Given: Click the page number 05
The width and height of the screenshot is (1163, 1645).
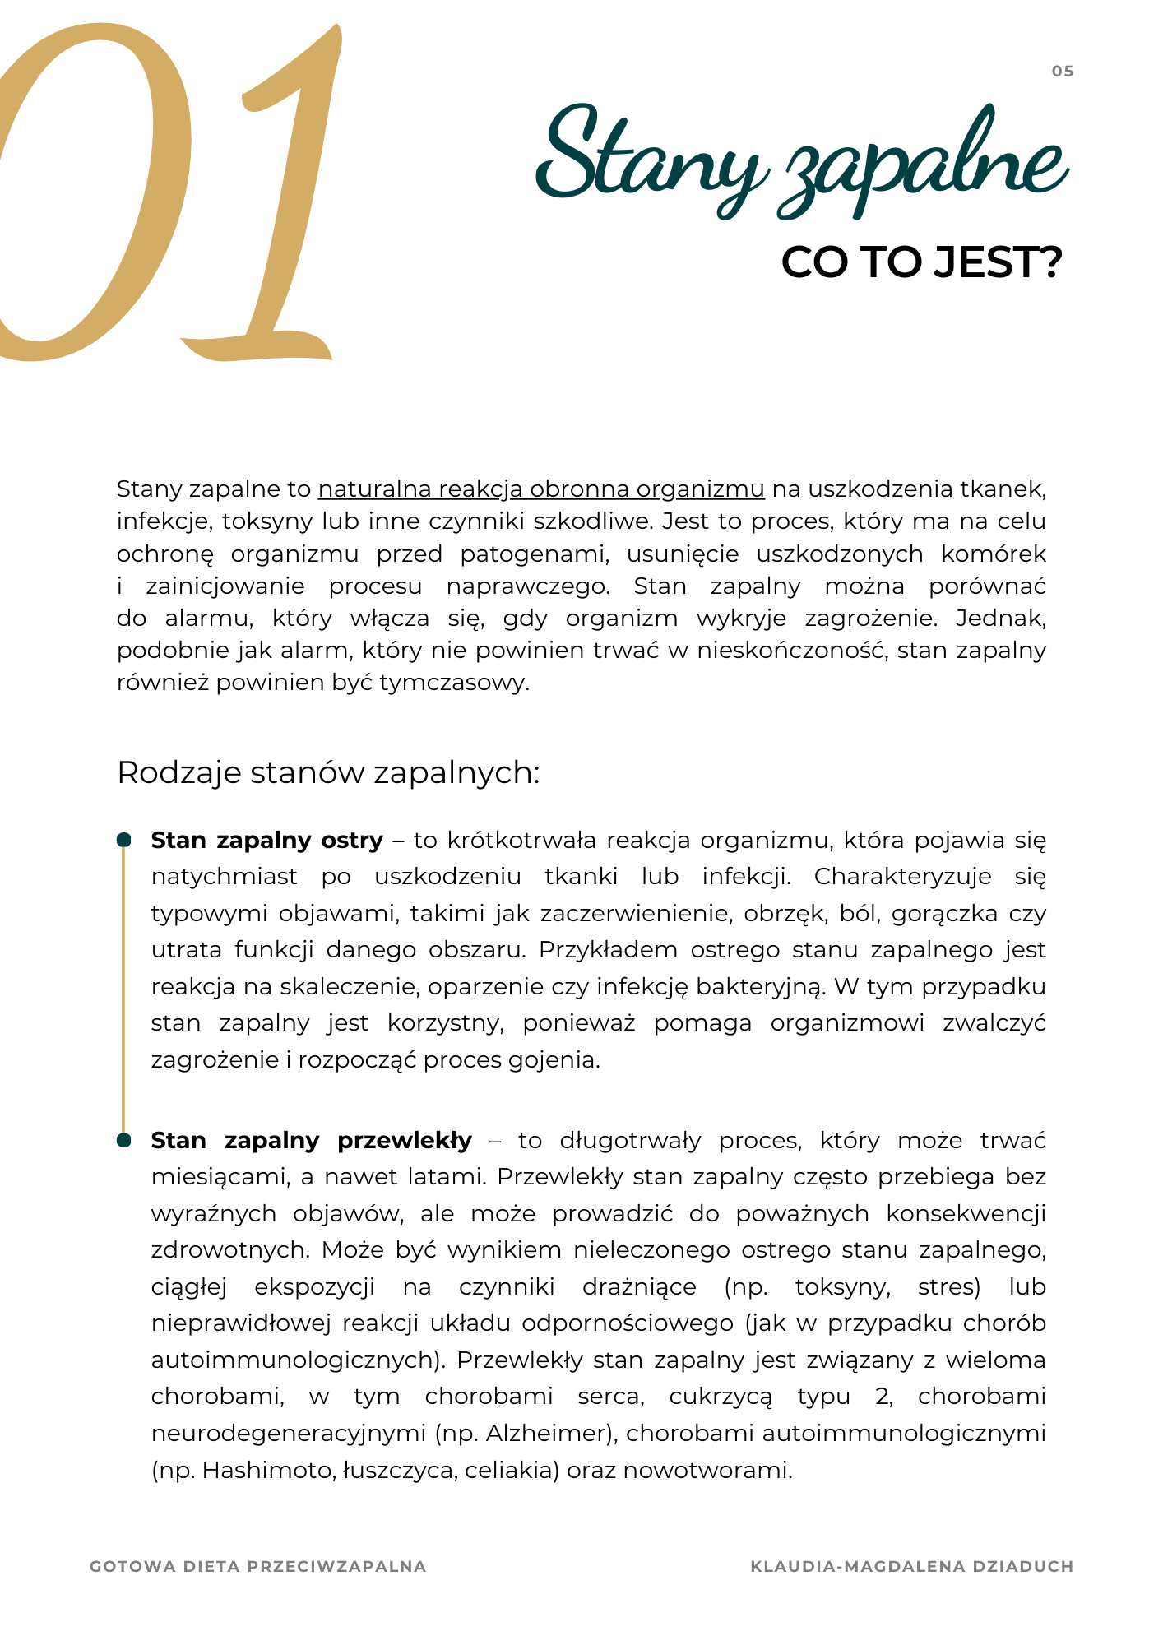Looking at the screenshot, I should pyautogui.click(x=1063, y=72).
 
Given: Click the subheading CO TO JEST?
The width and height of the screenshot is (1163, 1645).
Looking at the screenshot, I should pyautogui.click(x=921, y=262).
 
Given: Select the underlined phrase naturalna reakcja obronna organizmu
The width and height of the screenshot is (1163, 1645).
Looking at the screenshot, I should pyautogui.click(x=541, y=489).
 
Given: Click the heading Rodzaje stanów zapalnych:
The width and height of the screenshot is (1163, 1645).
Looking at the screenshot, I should pyautogui.click(x=328, y=773).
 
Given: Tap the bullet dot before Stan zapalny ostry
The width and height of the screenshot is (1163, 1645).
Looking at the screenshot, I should pyautogui.click(x=124, y=840).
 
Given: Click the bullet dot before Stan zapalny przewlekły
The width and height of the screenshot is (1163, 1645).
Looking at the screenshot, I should pyautogui.click(x=124, y=1140).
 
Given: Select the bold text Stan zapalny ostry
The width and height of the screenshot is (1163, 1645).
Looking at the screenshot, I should pyautogui.click(x=267, y=841).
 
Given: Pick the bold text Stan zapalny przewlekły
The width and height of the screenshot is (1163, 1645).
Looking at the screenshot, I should pyautogui.click(x=312, y=1141).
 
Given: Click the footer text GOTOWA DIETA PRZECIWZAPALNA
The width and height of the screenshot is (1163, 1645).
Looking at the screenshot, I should pyautogui.click(x=258, y=1567).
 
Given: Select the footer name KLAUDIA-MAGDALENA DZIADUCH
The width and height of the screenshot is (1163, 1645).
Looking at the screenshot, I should pyautogui.click(x=912, y=1567).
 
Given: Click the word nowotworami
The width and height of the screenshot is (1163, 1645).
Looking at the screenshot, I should pyautogui.click(x=707, y=1471).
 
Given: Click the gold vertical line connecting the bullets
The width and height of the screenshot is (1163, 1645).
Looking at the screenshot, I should pyautogui.click(x=124, y=987).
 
